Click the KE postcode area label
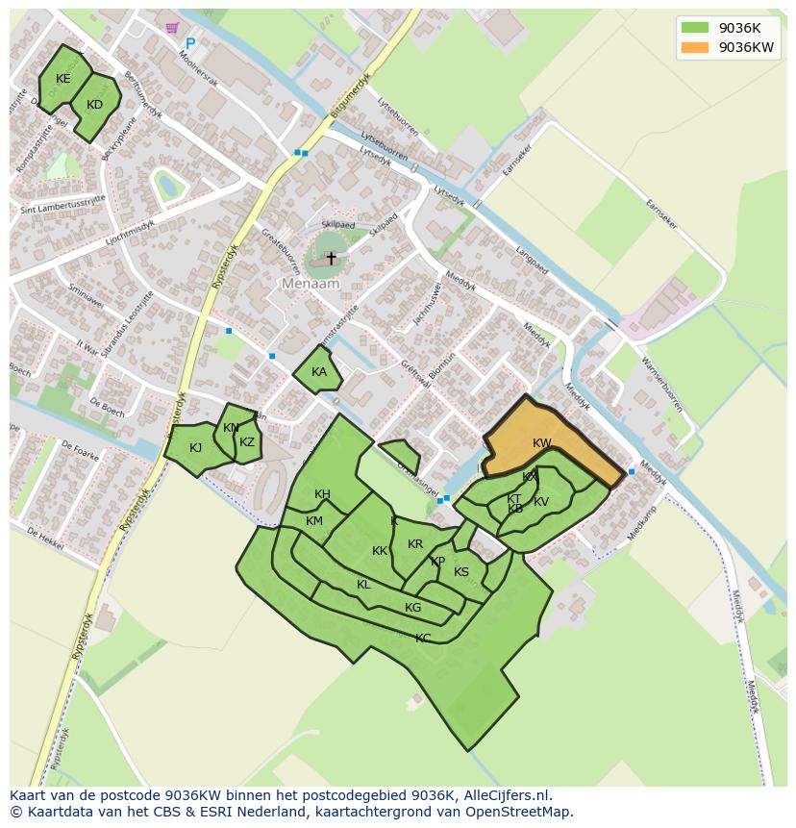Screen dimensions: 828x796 63,79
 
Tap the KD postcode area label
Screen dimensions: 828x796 94,105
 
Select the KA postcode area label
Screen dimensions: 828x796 319,372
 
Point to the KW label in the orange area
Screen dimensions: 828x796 542,443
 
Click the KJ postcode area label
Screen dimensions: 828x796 195,447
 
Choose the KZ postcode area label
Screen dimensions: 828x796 247,442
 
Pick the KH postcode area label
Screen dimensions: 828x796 322,494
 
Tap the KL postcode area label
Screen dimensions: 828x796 363,585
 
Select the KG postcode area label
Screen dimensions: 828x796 412,607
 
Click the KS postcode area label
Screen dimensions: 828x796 461,572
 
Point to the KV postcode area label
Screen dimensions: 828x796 541,502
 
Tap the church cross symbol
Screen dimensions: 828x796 332,258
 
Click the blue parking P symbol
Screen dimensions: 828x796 190,43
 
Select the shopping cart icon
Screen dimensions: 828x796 172,28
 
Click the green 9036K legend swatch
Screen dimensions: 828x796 694,27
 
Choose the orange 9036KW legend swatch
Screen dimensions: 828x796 694,47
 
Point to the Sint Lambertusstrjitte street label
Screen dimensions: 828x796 62,205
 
